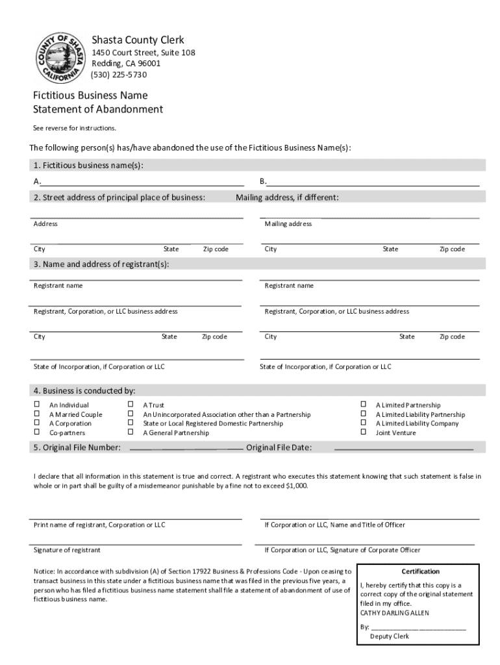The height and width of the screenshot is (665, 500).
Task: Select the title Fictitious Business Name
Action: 90,95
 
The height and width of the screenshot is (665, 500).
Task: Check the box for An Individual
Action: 37,405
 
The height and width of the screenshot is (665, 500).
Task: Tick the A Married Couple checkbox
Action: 37,414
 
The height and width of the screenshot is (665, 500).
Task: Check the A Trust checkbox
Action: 131,405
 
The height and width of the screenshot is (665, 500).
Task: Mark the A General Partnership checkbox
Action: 131,433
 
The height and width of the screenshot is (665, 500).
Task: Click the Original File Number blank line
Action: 186,448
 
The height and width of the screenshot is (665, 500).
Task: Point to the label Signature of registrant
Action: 67,550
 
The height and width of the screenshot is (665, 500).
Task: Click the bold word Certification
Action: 420,571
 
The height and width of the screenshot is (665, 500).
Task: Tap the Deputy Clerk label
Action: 390,636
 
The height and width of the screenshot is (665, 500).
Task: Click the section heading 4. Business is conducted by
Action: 84,391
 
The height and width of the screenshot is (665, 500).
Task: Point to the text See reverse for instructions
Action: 75,128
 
